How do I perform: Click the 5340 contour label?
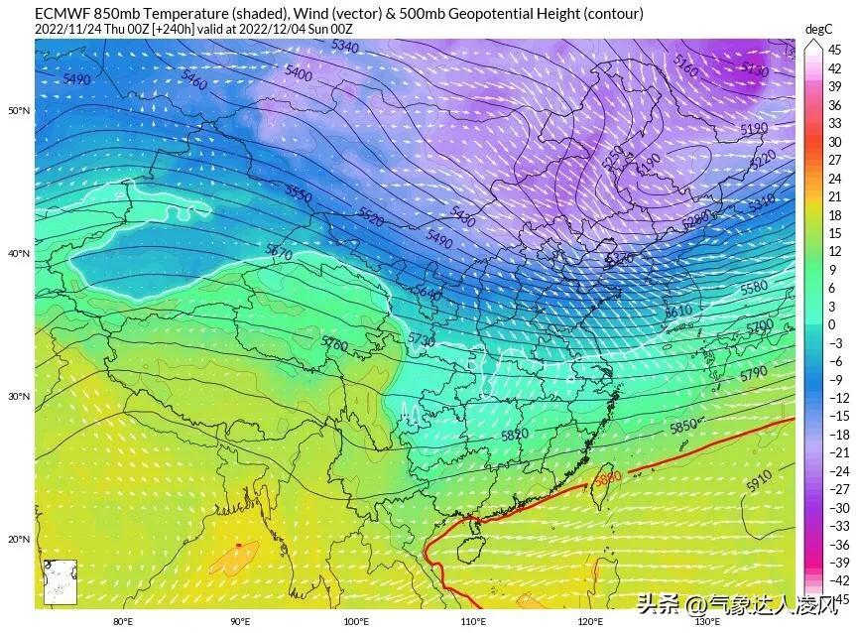click(345, 47)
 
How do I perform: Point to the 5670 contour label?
click(280, 254)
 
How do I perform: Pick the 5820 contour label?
click(514, 435)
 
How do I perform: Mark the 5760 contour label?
click(334, 343)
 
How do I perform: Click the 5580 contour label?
click(754, 287)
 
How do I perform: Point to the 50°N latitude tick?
click(19, 110)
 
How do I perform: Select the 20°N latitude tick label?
click(19, 540)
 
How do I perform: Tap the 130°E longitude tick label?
click(706, 622)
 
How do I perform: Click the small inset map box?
click(60, 581)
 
